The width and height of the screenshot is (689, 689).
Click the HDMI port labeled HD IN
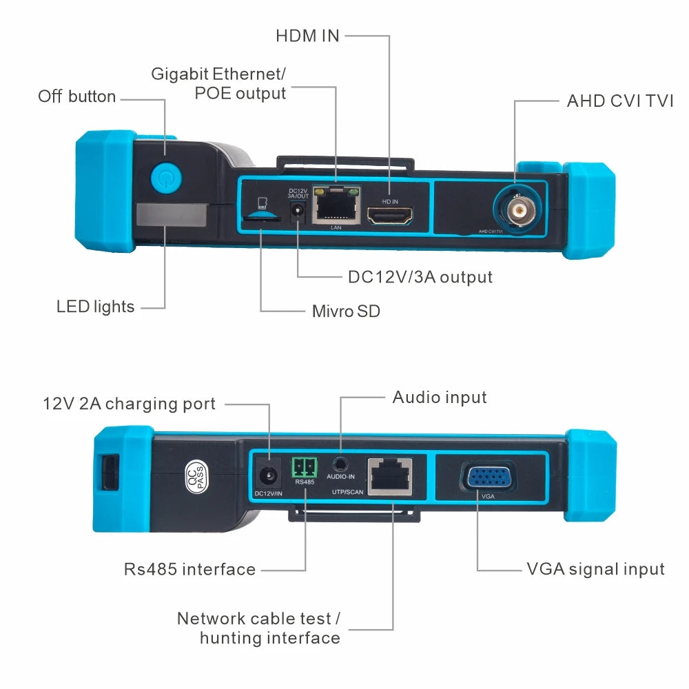[x=389, y=216]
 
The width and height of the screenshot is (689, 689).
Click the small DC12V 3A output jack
[x=298, y=213]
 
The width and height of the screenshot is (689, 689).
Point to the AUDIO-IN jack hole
[x=339, y=463]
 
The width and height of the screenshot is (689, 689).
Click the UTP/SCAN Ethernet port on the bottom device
[x=391, y=476]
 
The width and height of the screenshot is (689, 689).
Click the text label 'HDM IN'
[x=307, y=36]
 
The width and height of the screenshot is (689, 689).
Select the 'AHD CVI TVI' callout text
[x=620, y=101]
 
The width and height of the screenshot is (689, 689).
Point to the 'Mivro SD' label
[x=346, y=311]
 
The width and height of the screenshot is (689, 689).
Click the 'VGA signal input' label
[x=595, y=569]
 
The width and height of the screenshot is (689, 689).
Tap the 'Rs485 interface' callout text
[x=189, y=570]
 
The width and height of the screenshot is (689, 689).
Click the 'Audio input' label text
[x=440, y=398]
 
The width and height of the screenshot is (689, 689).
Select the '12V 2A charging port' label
[x=129, y=404]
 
